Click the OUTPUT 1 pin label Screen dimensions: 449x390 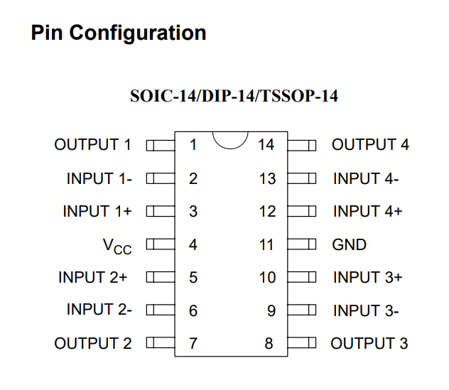(92, 144)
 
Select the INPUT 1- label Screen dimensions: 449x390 (99, 178)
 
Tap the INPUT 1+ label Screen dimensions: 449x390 (97, 211)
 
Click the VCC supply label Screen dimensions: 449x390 (117, 247)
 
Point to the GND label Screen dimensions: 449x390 (349, 244)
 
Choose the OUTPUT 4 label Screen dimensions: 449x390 (370, 144)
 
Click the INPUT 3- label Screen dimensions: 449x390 (366, 310)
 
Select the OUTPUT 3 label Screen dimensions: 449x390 (369, 343)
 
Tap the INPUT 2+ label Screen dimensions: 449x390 (92, 277)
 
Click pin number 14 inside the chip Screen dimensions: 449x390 (266, 145)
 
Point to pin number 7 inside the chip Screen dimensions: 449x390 (193, 343)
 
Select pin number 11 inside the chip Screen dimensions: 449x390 (266, 245)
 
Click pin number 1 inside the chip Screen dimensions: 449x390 (193, 145)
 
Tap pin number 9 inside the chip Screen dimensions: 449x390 (271, 310)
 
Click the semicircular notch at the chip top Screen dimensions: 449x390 (230, 148)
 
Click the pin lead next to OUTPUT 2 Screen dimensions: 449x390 (161, 342)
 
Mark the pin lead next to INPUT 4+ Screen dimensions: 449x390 (302, 211)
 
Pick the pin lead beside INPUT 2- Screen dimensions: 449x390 (161, 310)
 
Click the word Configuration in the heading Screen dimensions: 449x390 (138, 33)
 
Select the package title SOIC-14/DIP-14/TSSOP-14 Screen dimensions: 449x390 (234, 96)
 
